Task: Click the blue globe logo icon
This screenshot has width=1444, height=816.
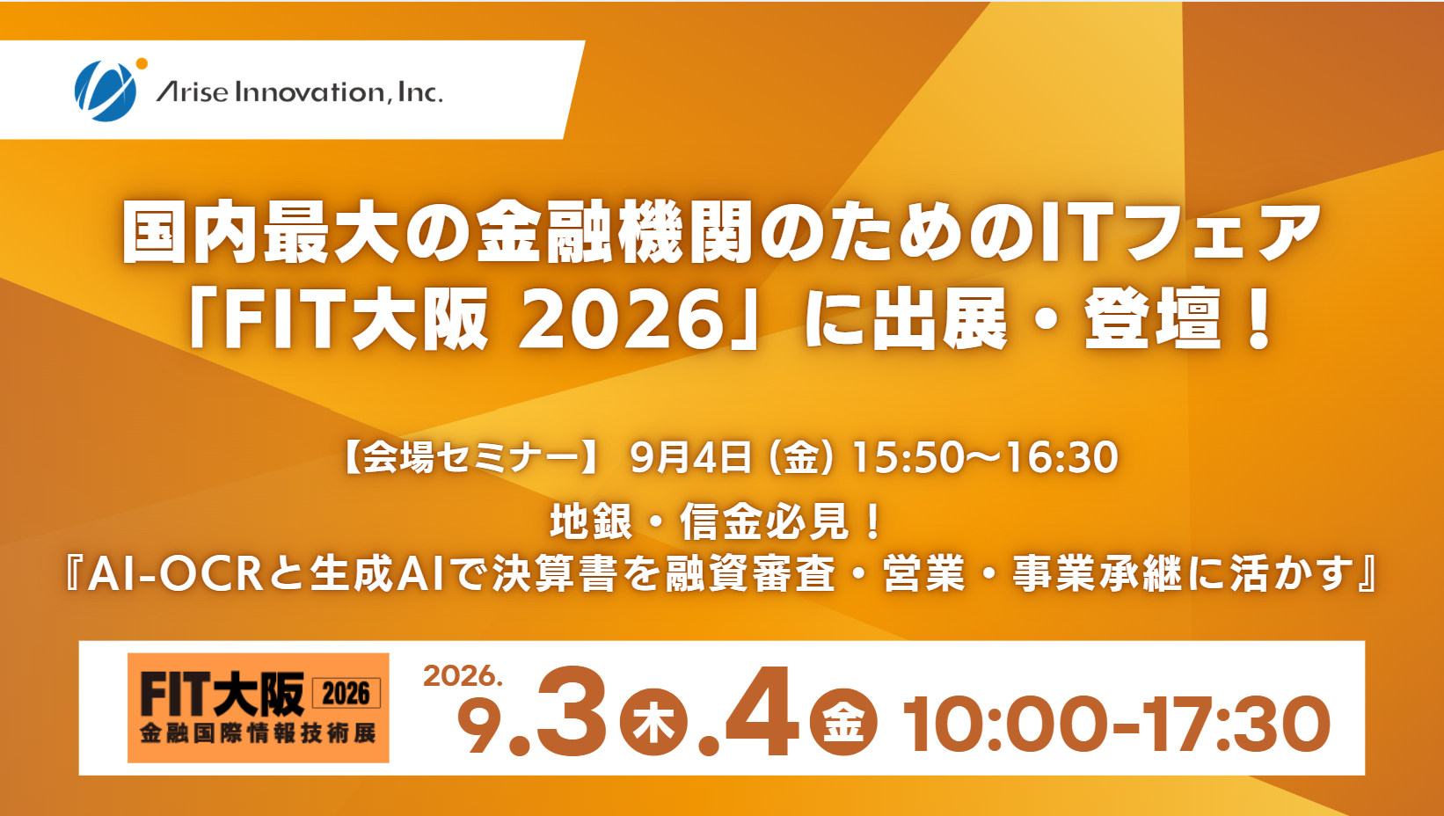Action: click(x=106, y=91)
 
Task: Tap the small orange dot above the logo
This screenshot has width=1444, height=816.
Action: click(x=142, y=63)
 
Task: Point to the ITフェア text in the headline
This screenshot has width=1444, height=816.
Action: click(x=1179, y=232)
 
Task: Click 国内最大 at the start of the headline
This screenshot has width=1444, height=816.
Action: click(x=259, y=232)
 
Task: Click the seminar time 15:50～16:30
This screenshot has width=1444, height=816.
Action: click(x=985, y=457)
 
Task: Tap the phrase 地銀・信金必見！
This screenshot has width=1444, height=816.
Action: click(x=717, y=522)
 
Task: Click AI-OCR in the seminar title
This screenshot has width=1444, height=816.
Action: click(x=175, y=573)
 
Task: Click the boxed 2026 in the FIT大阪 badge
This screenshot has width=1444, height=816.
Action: click(x=346, y=694)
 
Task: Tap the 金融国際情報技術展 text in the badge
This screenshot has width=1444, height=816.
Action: click(x=258, y=733)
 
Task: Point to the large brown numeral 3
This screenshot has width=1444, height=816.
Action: click(x=571, y=712)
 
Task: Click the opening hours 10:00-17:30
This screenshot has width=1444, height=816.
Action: click(x=1117, y=724)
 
